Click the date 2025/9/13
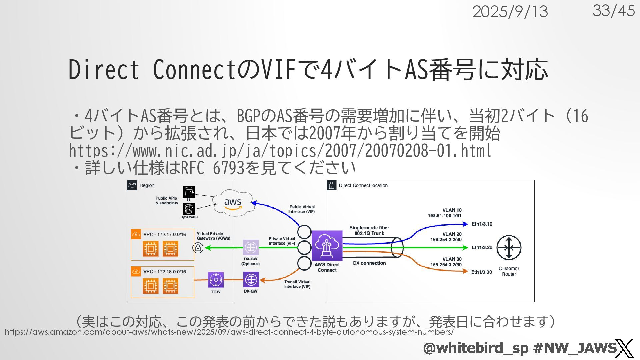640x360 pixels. pos(510,12)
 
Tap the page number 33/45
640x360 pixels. pos(613,11)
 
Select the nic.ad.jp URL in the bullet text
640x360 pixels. pos(280,151)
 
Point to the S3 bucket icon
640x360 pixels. pos(189,192)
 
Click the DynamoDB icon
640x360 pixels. pos(189,209)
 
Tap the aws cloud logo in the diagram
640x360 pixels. pos(233,203)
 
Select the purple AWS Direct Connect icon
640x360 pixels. pos(327,246)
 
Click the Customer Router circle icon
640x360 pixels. pos(509,247)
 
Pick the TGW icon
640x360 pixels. pos(216,280)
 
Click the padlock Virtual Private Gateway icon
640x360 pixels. pos(198,248)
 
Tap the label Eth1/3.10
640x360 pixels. pos(482,224)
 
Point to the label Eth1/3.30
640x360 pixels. pos(481,272)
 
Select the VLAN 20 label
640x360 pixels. pos(452,234)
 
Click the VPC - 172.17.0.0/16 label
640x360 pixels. pos(165,234)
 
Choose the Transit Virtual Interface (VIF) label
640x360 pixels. pos(297,284)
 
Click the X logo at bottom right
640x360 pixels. pos(624,348)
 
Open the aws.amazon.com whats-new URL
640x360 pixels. pos(229,332)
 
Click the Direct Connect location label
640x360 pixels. pos(363,185)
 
